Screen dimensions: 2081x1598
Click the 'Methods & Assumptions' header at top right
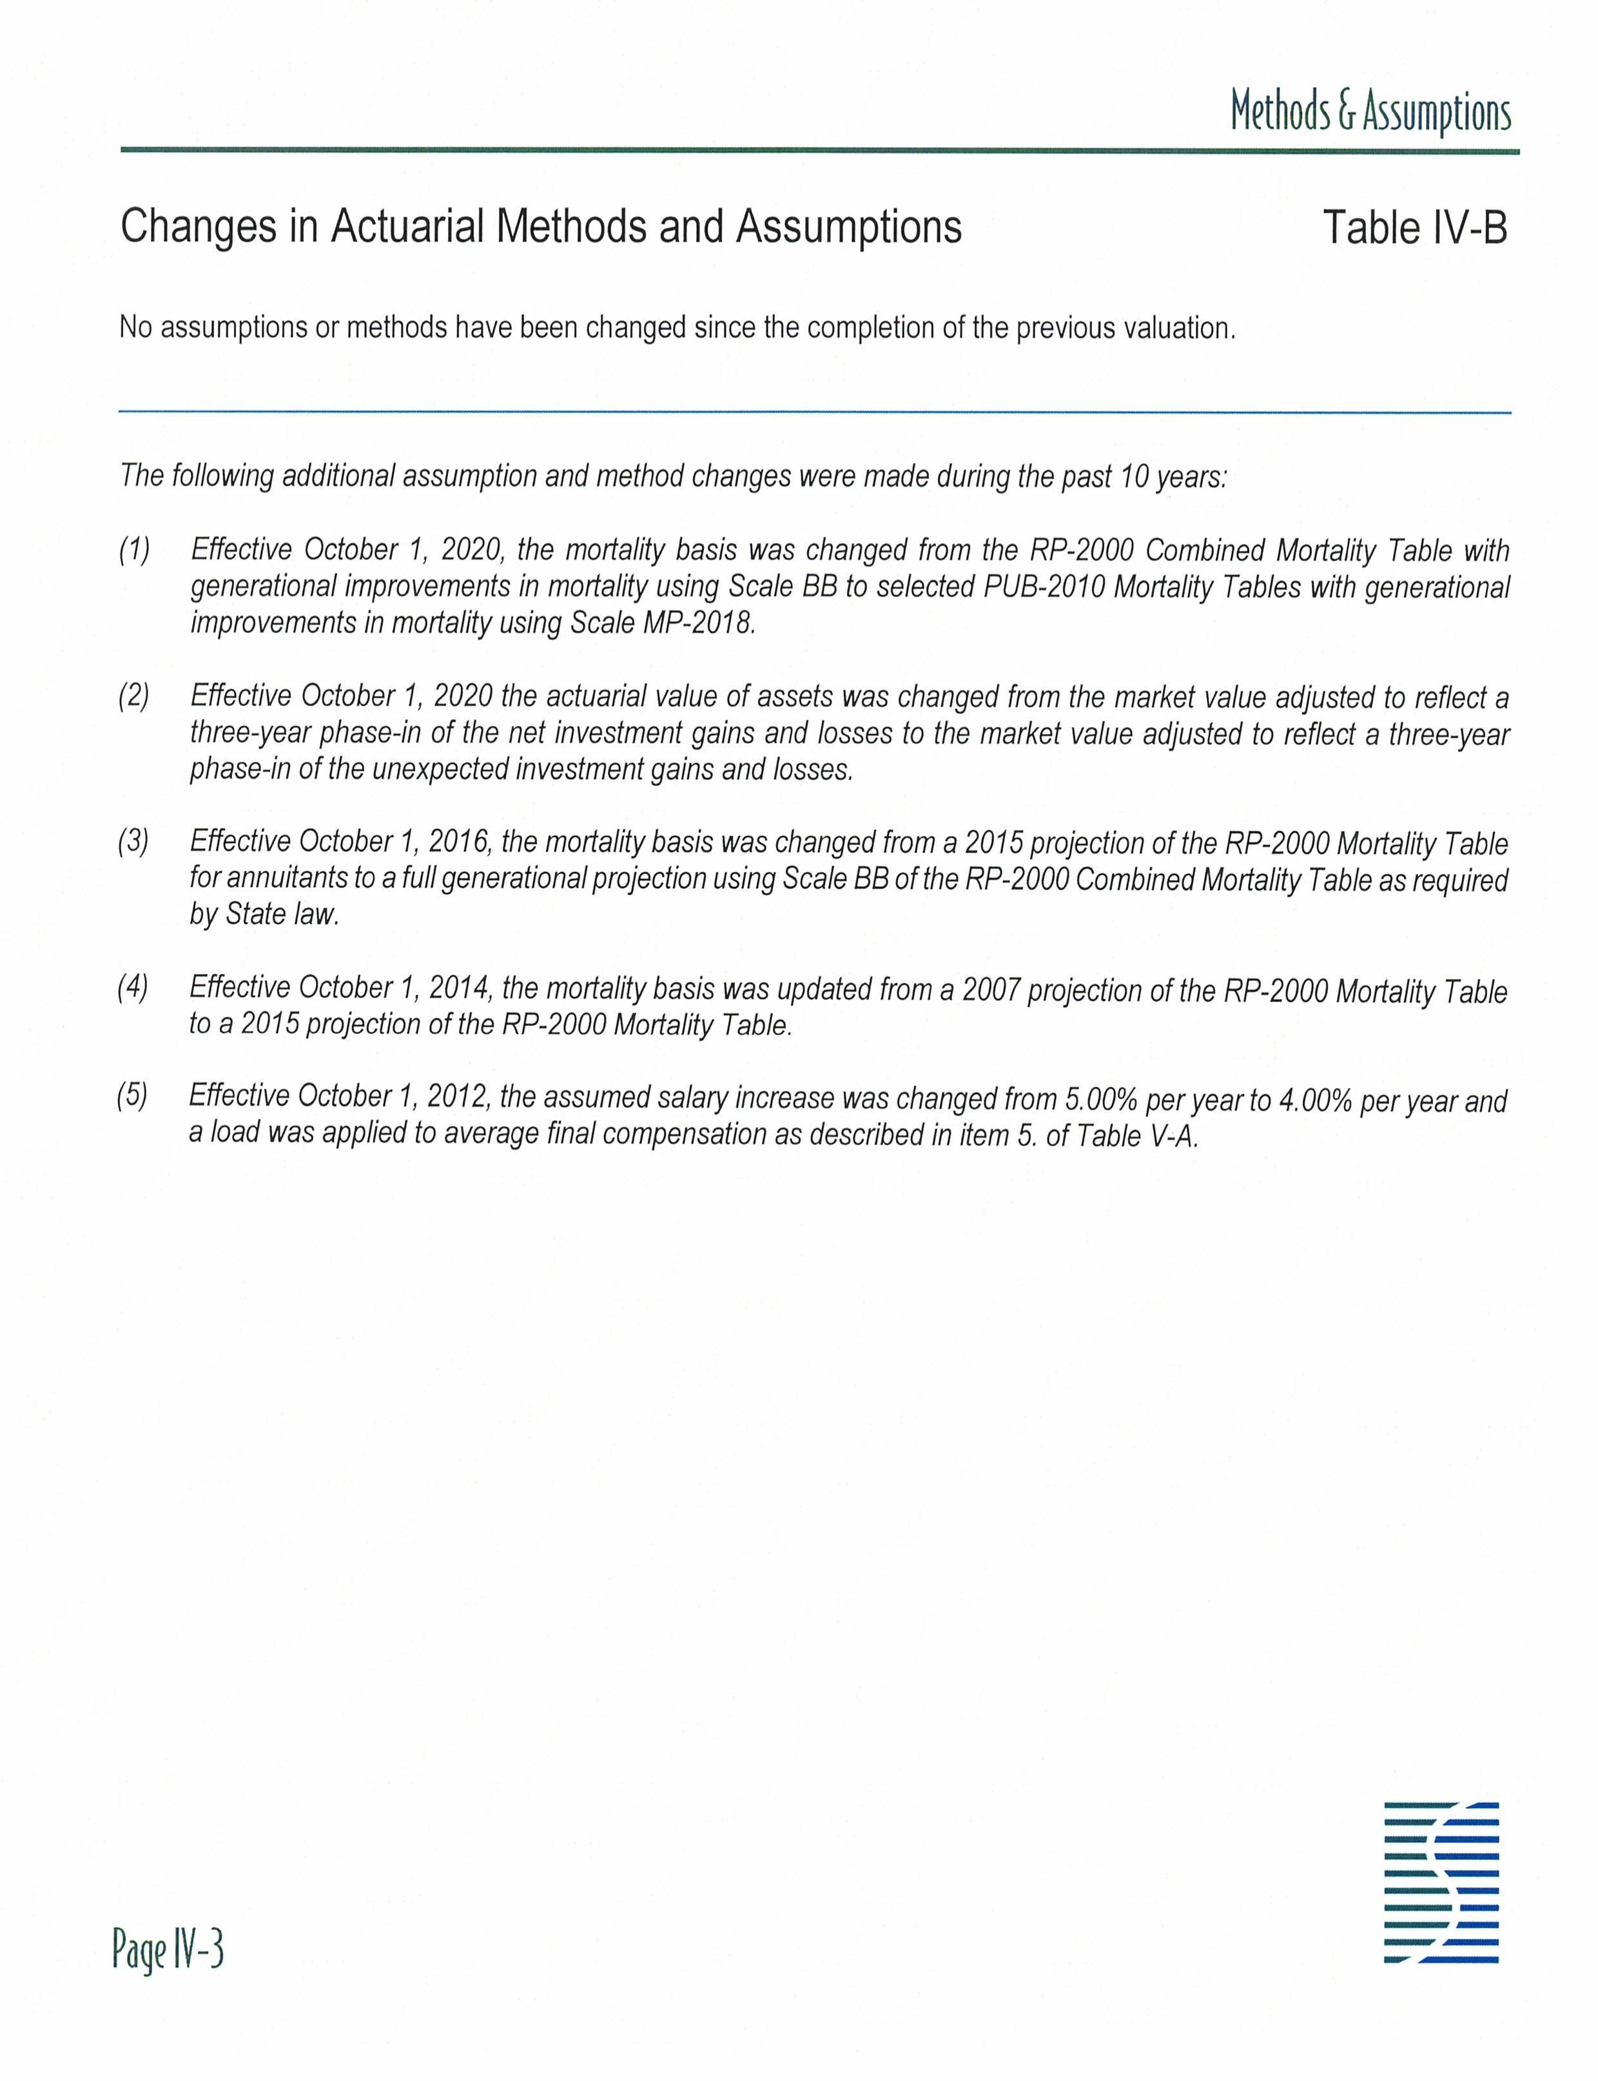pyautogui.click(x=1370, y=111)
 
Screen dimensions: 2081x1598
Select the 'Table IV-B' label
pyautogui.click(x=1414, y=227)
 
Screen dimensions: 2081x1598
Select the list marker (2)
pyautogui.click(x=134, y=696)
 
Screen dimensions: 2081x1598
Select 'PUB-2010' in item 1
pyautogui.click(x=1042, y=587)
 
